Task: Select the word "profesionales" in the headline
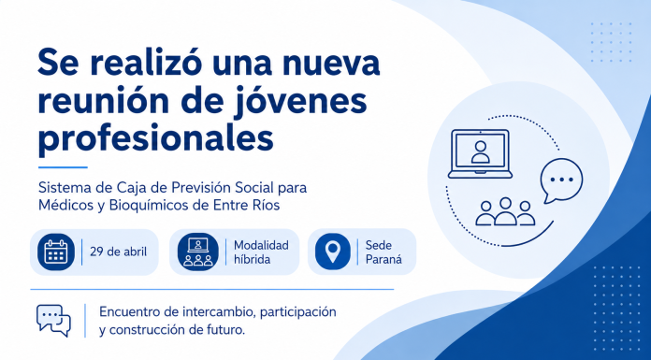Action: pos(155,138)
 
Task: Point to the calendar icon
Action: pos(55,252)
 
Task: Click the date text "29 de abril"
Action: pos(119,252)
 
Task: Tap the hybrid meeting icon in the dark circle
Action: pos(197,252)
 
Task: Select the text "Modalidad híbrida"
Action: pos(261,252)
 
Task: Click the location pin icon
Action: pos(333,252)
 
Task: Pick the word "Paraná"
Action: pos(383,260)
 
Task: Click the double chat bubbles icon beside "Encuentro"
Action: pos(53,321)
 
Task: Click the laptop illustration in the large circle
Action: pos(480,153)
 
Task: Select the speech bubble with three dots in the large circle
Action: pos(561,180)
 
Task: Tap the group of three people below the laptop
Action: pos(505,211)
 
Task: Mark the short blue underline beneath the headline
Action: pos(63,167)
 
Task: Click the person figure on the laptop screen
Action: pos(481,152)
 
